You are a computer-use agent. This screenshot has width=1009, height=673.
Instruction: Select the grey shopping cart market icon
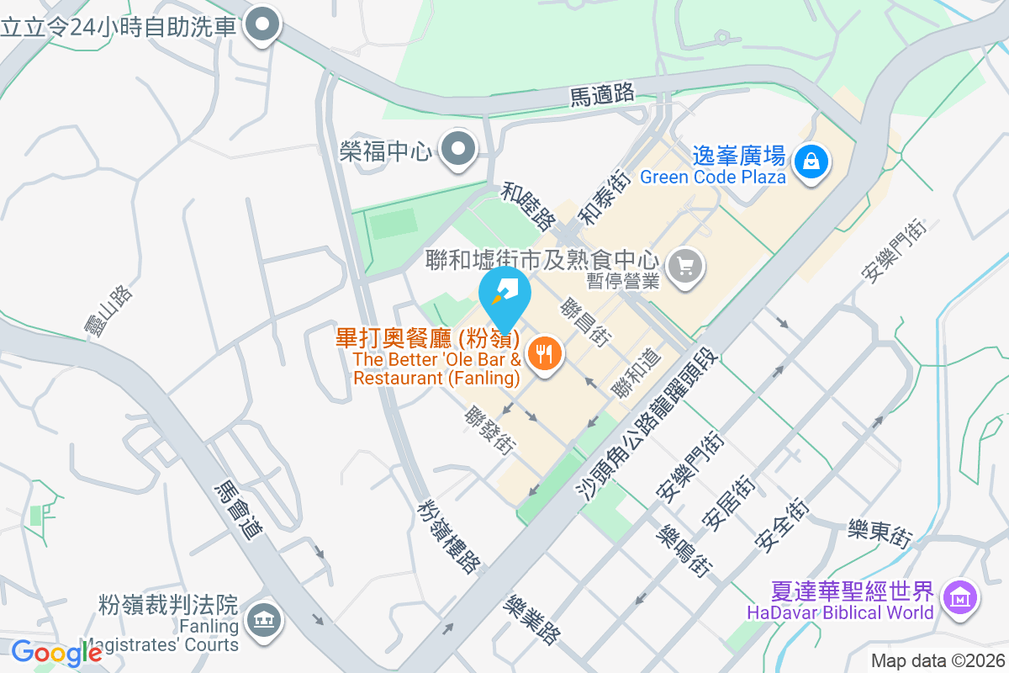(685, 267)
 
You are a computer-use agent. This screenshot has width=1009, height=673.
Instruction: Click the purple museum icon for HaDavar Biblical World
(959, 598)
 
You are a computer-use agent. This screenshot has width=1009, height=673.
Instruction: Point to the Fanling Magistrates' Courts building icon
(264, 622)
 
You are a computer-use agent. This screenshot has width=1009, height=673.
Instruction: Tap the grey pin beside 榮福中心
(459, 151)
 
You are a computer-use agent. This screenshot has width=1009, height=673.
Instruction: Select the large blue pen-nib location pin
(504, 294)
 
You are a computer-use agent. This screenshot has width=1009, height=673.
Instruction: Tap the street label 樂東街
(880, 532)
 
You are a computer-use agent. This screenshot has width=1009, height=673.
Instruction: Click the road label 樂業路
(531, 620)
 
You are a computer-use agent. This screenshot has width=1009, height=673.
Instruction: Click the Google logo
(55, 653)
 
